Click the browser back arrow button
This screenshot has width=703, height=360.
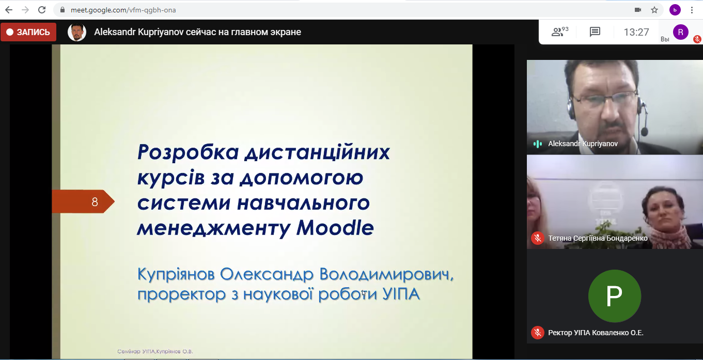(9, 10)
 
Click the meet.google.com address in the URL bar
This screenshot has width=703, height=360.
(123, 10)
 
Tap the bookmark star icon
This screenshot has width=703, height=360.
(654, 10)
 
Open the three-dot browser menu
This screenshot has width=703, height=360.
(692, 10)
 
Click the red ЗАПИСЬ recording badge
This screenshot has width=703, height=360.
(28, 32)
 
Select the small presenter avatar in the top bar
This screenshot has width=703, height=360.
(77, 32)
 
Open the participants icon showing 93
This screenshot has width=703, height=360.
(559, 32)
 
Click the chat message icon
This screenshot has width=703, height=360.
(595, 32)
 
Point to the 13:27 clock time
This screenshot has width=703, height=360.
(636, 32)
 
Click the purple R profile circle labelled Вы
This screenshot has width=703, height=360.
(681, 32)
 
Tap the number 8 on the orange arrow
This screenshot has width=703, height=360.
(95, 202)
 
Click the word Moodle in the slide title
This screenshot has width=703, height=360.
(335, 228)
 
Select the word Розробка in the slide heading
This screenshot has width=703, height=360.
(188, 152)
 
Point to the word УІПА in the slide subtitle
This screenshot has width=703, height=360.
(401, 294)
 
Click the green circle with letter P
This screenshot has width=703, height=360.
(615, 296)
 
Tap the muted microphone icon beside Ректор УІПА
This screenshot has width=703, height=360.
(538, 333)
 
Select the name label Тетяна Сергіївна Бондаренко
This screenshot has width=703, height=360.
(598, 238)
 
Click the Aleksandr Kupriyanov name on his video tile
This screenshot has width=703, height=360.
(583, 144)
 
